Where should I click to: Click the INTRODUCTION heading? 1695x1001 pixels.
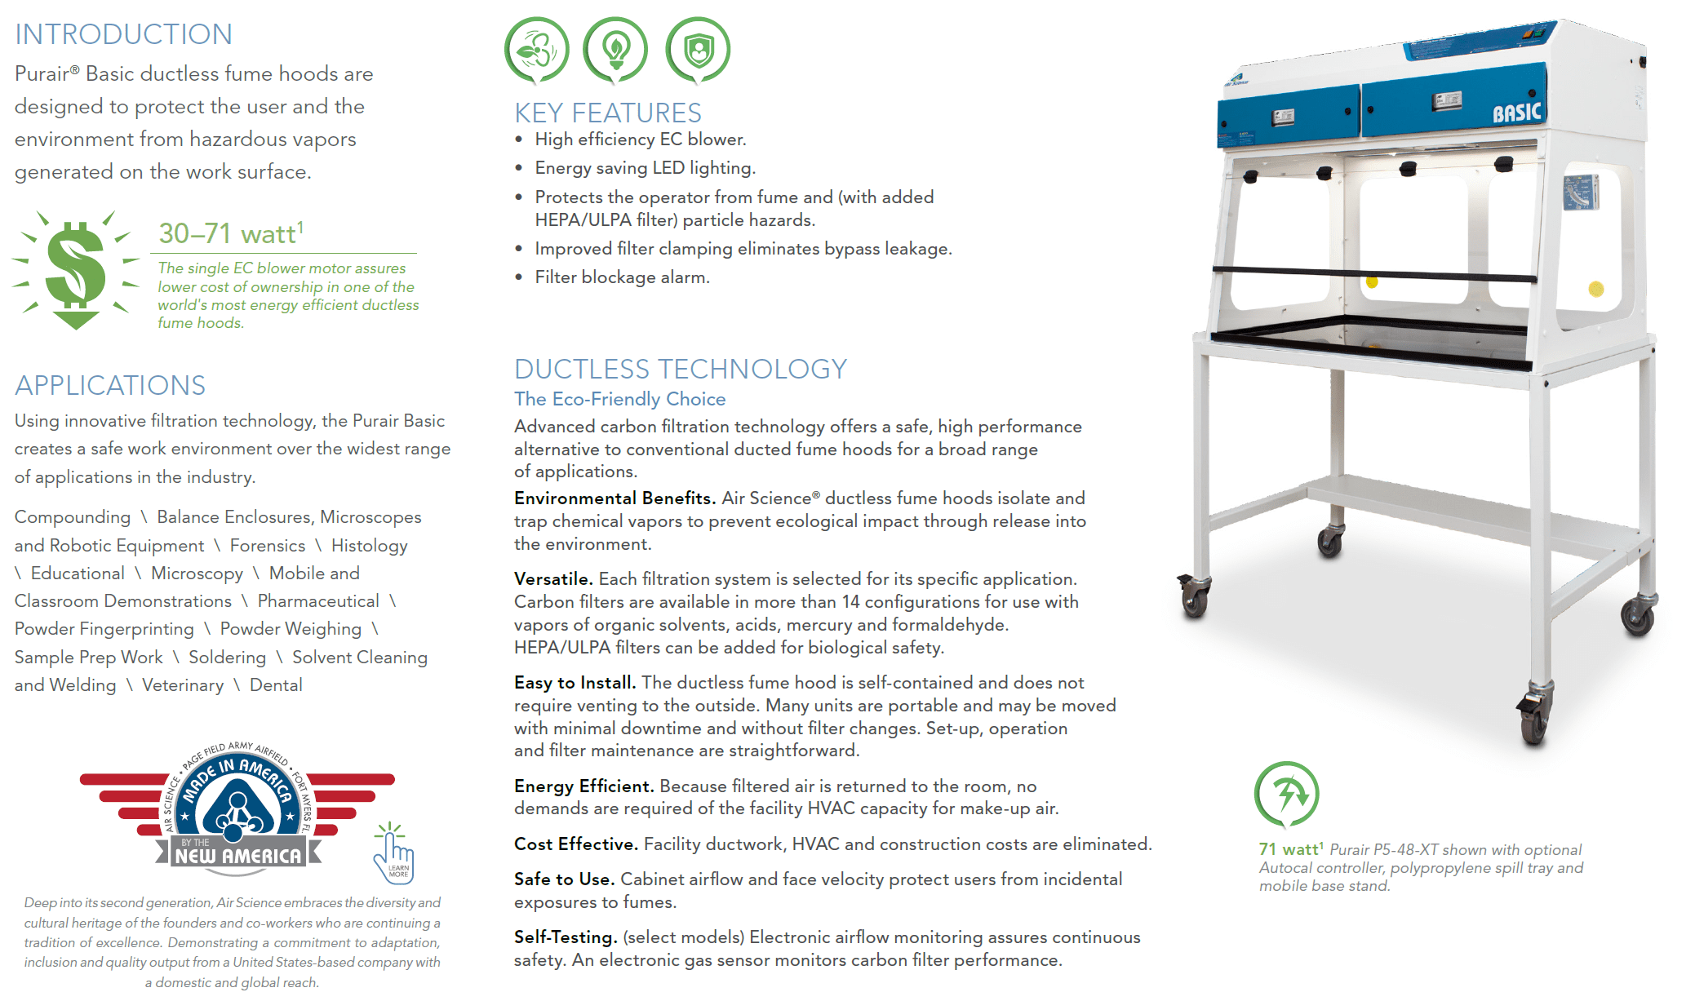coord(123,34)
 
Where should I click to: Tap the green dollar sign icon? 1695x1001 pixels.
coord(76,270)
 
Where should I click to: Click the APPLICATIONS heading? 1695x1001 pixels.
coord(110,385)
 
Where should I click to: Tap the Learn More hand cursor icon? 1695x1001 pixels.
coord(394,855)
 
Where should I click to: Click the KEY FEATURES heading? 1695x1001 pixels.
coord(608,113)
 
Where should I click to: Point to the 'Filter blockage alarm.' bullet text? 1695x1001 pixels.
coord(622,277)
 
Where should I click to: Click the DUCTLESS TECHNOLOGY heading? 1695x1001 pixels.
coord(681,369)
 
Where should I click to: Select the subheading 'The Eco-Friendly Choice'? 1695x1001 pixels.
coord(619,399)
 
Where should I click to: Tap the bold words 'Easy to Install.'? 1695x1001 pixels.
coord(575,683)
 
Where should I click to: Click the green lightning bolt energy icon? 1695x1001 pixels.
coord(1286,794)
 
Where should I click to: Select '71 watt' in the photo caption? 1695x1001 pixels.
coord(1289,850)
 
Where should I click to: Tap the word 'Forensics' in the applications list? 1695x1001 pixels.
coord(268,546)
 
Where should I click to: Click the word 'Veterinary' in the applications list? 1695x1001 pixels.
coord(183,685)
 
